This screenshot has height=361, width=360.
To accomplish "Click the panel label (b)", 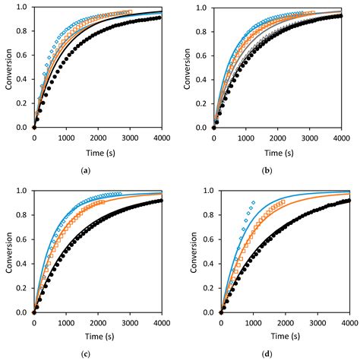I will click(267, 171).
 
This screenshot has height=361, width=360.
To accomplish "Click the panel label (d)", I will click(267, 355).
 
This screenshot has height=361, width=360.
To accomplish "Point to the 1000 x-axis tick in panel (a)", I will click(65, 138).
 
